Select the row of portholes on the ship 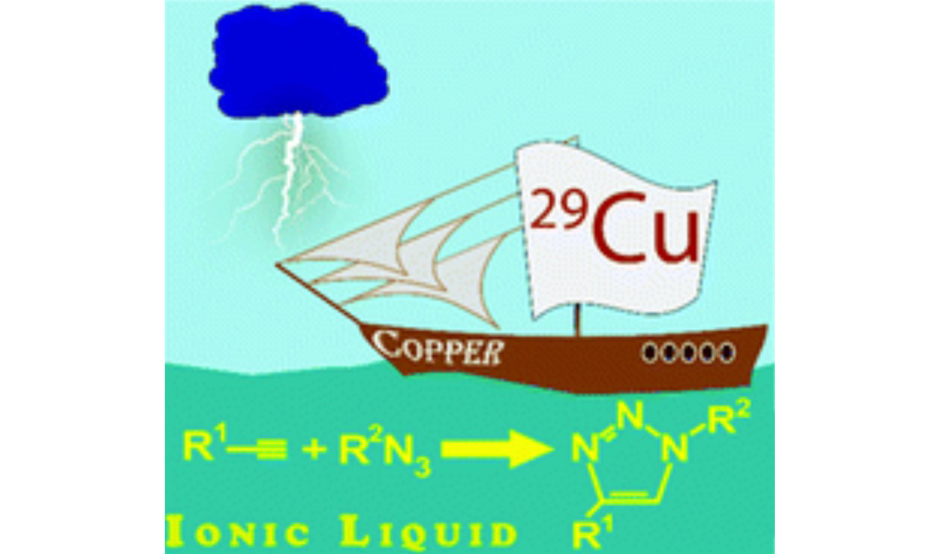point(688,352)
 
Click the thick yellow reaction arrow point(492,449)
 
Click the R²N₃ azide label point(384,451)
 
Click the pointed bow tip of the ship point(279,264)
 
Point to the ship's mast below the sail point(577,322)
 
